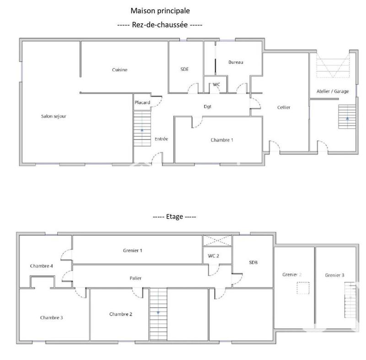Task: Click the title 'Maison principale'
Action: pos(160,10)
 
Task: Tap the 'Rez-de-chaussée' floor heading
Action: pos(160,25)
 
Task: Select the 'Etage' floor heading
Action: pos(174,216)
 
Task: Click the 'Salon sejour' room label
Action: pos(54,116)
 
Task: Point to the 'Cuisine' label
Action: pos(119,70)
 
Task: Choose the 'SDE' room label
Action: pos(184,69)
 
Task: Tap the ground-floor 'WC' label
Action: pos(216,85)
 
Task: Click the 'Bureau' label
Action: pos(236,62)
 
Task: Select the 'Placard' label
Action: pos(142,102)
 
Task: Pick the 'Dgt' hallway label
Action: pos(207,107)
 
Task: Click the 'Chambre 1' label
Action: pos(222,140)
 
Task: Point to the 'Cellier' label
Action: pos(284,107)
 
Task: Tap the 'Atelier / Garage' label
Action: pos(333,91)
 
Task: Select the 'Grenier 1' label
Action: pos(133,250)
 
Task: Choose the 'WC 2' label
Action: pos(213,256)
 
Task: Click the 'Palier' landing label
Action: pos(135,278)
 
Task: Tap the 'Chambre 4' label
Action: pos(41,266)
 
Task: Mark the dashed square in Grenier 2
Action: pos(302,288)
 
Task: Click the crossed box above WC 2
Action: pos(217,241)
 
